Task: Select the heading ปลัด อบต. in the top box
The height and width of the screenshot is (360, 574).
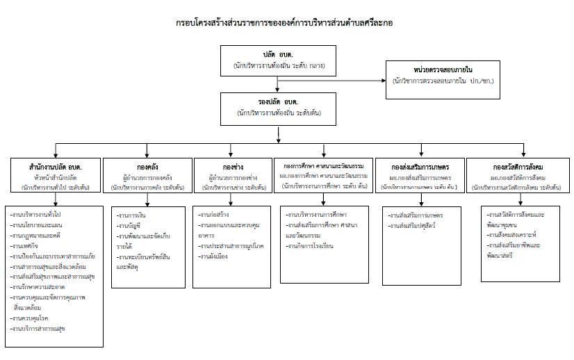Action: coord(277,54)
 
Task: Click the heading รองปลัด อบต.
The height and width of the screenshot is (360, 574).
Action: coord(279,101)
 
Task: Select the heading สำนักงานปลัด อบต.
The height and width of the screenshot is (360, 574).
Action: coord(56,167)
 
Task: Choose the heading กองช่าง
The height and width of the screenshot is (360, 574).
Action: coord(233,167)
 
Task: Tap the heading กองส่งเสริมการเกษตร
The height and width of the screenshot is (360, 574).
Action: coord(420,167)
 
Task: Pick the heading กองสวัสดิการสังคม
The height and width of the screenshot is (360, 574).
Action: coord(518,167)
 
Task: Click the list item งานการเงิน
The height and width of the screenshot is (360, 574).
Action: coord(133,216)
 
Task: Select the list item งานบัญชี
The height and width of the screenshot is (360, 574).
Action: coord(131,226)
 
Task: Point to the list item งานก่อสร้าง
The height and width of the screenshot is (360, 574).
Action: coord(215,216)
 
